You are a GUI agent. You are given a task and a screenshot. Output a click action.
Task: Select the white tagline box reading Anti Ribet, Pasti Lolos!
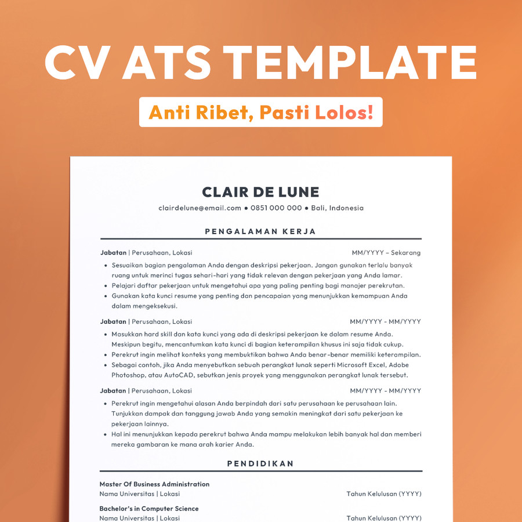pyautogui.click(x=260, y=112)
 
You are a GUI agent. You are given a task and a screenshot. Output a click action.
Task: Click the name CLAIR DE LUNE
pyautogui.click(x=260, y=192)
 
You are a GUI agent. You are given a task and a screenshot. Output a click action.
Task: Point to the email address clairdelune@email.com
pyautogui.click(x=200, y=208)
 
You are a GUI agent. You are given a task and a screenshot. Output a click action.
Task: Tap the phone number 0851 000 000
pyautogui.click(x=276, y=208)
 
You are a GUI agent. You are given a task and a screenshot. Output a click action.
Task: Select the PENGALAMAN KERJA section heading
pyautogui.click(x=260, y=231)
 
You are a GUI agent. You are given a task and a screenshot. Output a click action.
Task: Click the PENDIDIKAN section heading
pyautogui.click(x=260, y=463)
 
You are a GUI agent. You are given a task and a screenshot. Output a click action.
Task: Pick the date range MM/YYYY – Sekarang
pyautogui.click(x=386, y=253)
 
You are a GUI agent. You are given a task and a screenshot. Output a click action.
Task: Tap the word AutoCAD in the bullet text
pyautogui.click(x=179, y=375)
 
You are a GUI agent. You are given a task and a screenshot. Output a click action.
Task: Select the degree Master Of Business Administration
pyautogui.click(x=154, y=484)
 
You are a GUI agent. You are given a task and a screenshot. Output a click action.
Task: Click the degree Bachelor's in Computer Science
pyautogui.click(x=149, y=509)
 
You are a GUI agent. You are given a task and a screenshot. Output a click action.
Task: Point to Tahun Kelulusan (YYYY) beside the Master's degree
pyautogui.click(x=384, y=494)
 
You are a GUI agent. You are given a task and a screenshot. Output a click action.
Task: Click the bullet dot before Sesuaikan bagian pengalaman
pyautogui.click(x=106, y=266)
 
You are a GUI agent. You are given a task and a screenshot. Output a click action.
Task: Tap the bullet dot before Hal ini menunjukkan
pyautogui.click(x=106, y=434)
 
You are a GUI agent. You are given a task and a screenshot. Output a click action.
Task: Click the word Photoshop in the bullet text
pyautogui.click(x=128, y=375)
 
